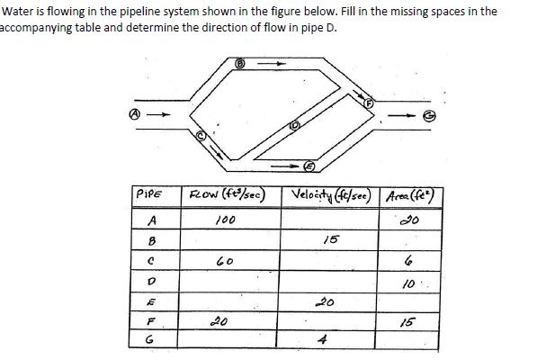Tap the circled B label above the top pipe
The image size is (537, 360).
(240, 63)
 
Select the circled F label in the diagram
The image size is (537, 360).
(367, 103)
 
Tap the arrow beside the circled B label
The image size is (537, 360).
(271, 64)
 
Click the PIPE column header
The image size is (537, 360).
(146, 198)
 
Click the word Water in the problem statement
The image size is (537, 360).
(20, 11)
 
